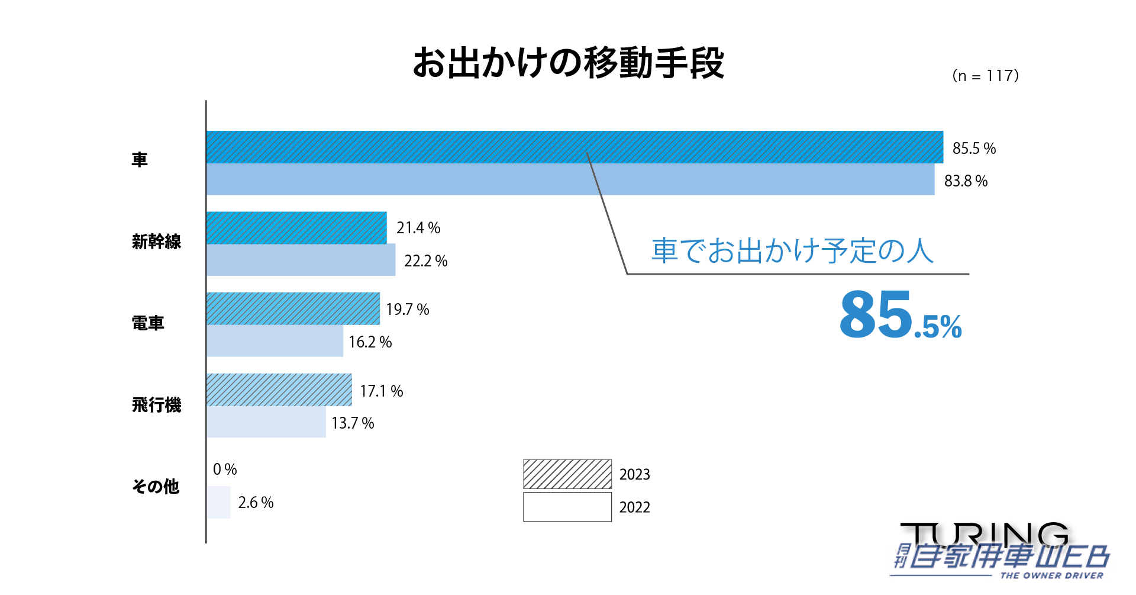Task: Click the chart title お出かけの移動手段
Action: click(568, 63)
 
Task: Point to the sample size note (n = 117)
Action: click(985, 76)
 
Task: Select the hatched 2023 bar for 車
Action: click(574, 147)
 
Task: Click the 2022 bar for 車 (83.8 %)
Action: click(570, 179)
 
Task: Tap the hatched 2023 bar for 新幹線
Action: click(296, 228)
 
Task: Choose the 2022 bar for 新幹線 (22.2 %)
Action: click(301, 260)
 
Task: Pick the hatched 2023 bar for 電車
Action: click(293, 308)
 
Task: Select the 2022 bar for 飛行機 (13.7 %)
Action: click(266, 422)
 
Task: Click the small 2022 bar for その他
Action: click(218, 502)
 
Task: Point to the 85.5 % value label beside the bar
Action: click(974, 148)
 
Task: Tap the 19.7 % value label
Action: click(407, 309)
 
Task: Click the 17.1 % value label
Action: click(381, 391)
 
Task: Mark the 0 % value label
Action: click(225, 469)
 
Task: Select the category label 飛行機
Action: click(156, 405)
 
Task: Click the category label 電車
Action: click(148, 323)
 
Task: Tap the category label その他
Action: click(156, 487)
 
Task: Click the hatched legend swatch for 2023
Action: click(567, 474)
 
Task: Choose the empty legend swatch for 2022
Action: click(567, 507)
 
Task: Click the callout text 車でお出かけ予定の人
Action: click(792, 251)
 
